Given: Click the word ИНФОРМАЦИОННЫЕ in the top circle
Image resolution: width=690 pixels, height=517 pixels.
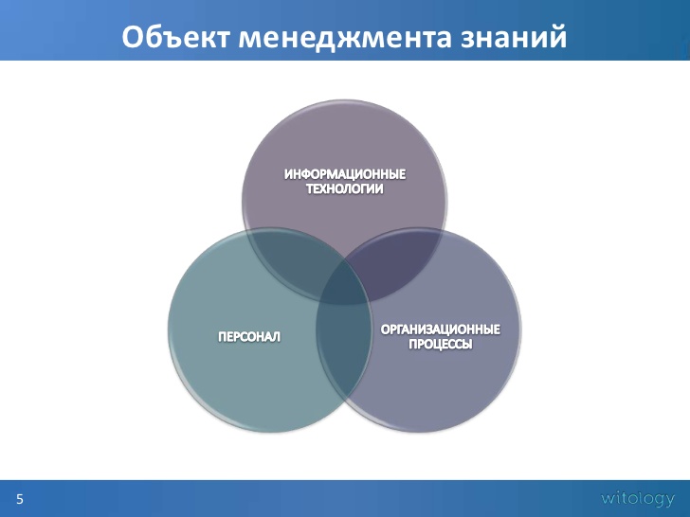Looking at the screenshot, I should [345, 175].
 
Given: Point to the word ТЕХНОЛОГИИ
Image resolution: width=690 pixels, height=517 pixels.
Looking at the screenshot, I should [344, 189].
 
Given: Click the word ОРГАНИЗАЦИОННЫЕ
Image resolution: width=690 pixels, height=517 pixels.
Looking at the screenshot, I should [440, 330].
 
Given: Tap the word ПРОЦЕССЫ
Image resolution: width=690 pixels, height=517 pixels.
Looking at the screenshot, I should [440, 345].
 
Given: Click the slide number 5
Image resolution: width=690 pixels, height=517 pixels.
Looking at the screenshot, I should [19, 498].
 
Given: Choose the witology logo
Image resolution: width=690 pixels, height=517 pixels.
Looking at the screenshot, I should [638, 497].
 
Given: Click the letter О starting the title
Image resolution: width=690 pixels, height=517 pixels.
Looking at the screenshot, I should [134, 37].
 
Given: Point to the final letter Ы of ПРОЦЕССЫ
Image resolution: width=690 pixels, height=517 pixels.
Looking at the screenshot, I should [466, 345].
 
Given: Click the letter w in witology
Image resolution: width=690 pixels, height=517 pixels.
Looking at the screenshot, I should [607, 498].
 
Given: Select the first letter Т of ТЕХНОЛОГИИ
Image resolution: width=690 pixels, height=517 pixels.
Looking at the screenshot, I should [308, 189].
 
